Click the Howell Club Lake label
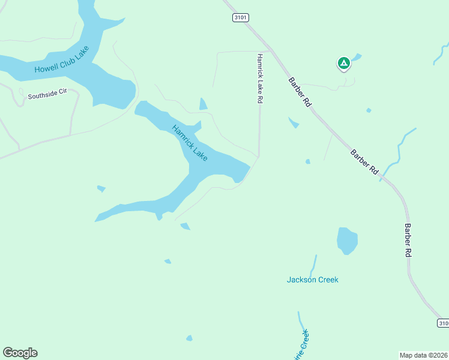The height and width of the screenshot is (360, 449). click(62, 60)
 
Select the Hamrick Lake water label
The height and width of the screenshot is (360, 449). click(190, 143)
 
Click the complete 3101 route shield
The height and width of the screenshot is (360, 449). click(240, 18)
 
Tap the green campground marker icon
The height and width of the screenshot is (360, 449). click(343, 62)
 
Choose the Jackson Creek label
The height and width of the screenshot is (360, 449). click(312, 280)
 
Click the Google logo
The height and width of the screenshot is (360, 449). click(20, 353)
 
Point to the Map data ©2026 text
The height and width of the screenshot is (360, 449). click(424, 355)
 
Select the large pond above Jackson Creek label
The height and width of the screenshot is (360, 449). click(347, 240)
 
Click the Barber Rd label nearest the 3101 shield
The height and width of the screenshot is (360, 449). click(300, 92)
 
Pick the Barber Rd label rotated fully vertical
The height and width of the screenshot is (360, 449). click(408, 241)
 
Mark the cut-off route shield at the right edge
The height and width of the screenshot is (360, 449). click(443, 323)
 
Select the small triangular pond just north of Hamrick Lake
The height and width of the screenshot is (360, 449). click(203, 104)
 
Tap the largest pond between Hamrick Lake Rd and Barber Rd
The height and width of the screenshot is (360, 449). click(294, 122)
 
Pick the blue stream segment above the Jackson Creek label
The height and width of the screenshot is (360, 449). click(313, 264)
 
